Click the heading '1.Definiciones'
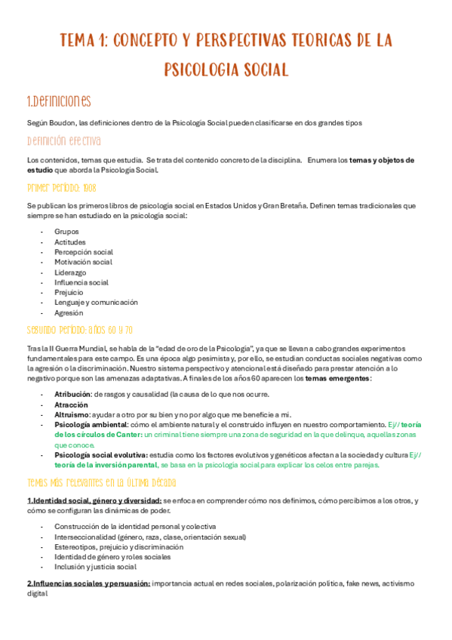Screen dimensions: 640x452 (59, 101)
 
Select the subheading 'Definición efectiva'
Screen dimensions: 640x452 (63, 141)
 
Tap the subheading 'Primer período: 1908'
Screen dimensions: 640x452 (61, 186)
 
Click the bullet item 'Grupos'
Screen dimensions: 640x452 (66, 232)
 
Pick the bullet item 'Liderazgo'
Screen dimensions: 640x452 (70, 272)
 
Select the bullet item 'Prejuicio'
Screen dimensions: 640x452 (69, 292)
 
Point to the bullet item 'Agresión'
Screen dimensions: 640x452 (69, 312)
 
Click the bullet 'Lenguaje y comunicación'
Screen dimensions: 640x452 (96, 302)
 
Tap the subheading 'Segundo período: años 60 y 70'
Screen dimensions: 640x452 (80, 330)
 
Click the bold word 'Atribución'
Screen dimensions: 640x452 (72, 394)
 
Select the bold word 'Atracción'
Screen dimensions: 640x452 (71, 405)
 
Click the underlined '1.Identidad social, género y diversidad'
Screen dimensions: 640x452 (94, 501)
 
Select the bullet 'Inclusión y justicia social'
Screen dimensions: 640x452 (95, 566)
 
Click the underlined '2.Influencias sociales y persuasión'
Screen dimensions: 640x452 (88, 583)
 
